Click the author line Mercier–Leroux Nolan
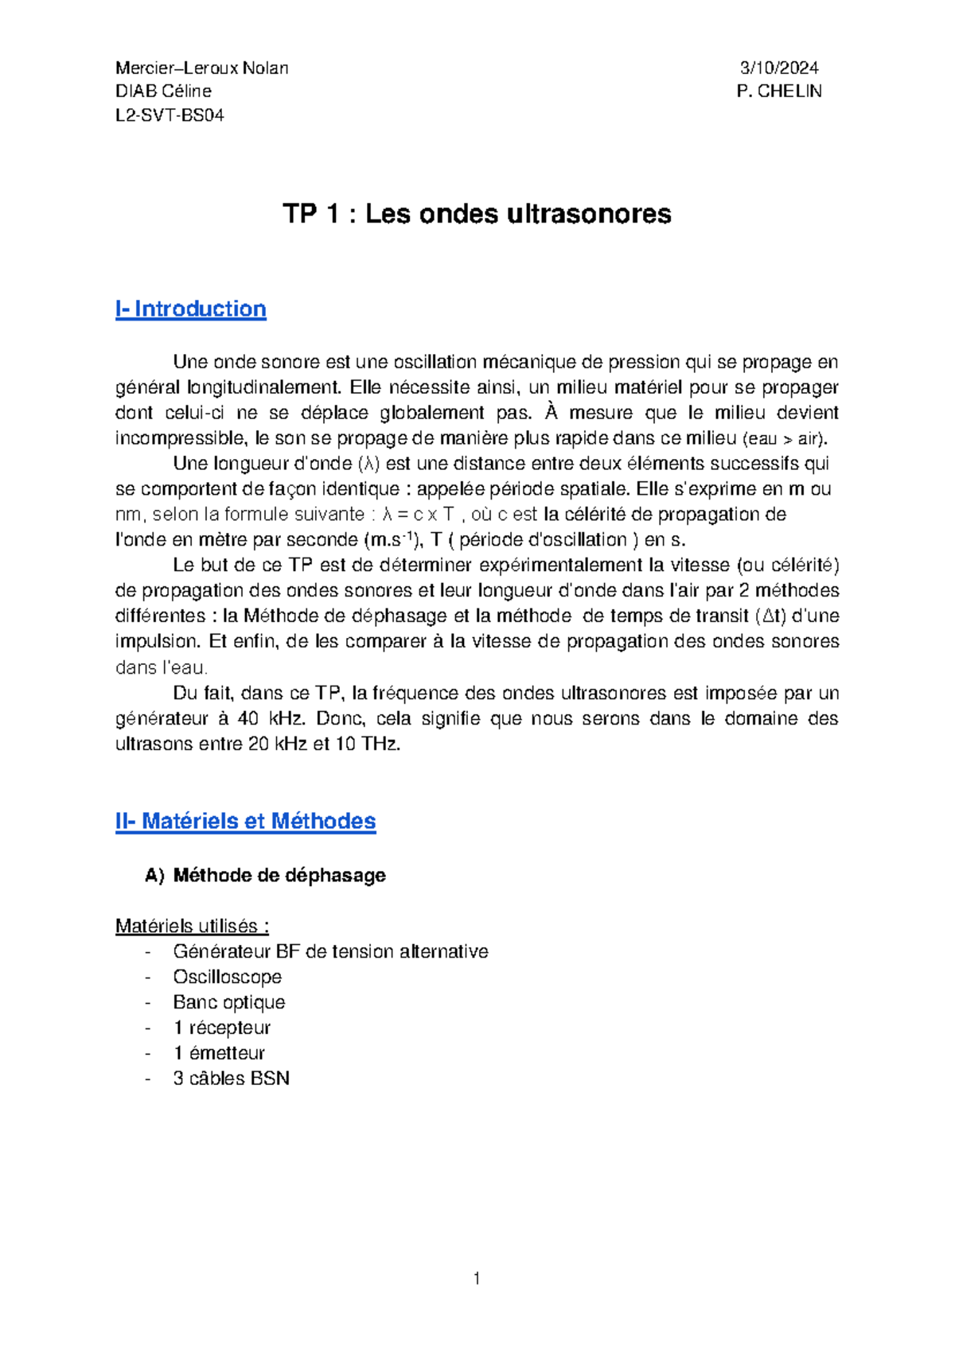(x=201, y=68)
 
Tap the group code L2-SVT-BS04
(x=170, y=115)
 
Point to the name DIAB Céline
(x=163, y=91)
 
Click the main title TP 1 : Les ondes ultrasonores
(x=477, y=213)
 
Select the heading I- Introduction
(x=190, y=309)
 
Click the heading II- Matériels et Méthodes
(x=245, y=821)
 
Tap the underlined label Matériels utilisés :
(x=192, y=926)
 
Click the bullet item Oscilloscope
(x=227, y=977)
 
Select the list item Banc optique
(x=228, y=1002)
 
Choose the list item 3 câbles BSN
(x=231, y=1079)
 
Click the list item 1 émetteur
(x=219, y=1053)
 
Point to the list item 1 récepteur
(x=221, y=1028)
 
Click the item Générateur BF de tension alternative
(x=330, y=951)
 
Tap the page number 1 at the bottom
(x=476, y=1279)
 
